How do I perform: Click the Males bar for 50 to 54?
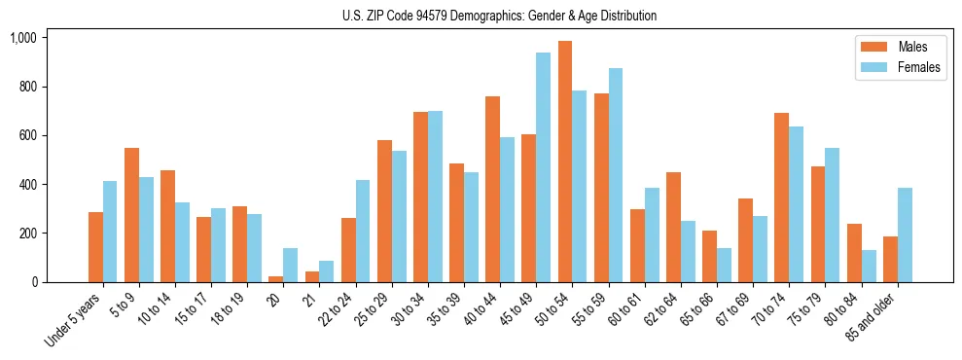pyautogui.click(x=565, y=162)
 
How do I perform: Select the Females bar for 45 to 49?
pyautogui.click(x=543, y=167)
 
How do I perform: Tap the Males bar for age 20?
pyautogui.click(x=276, y=279)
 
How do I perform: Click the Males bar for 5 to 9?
pyautogui.click(x=131, y=215)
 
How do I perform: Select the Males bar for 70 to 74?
pyautogui.click(x=782, y=198)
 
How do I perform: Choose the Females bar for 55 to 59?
pyautogui.click(x=615, y=175)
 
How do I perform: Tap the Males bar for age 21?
pyautogui.click(x=312, y=276)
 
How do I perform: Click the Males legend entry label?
pyautogui.click(x=912, y=47)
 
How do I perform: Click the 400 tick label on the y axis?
pyautogui.click(x=26, y=185)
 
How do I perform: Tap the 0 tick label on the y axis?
pyautogui.click(x=35, y=282)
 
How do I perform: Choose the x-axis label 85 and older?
pyautogui.click(x=876, y=317)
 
